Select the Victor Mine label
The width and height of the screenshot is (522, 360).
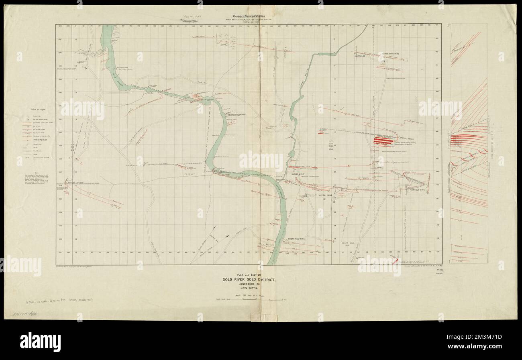coord(326,195)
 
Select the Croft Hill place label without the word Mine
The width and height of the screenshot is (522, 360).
coord(348,243)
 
